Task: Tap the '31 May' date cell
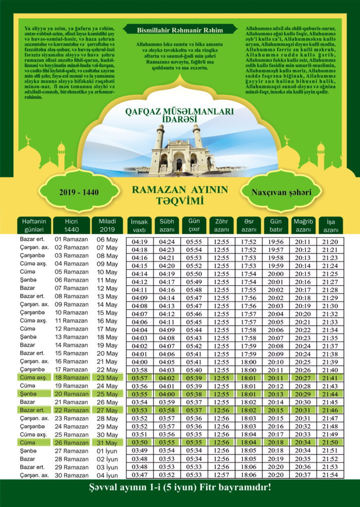(x=107, y=442)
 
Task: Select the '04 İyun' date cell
(x=107, y=475)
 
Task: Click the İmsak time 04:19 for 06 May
(x=140, y=242)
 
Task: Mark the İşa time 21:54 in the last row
(x=329, y=475)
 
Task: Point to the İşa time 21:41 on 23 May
(x=329, y=378)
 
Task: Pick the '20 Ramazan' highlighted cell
(x=71, y=394)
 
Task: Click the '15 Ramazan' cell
(x=71, y=353)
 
